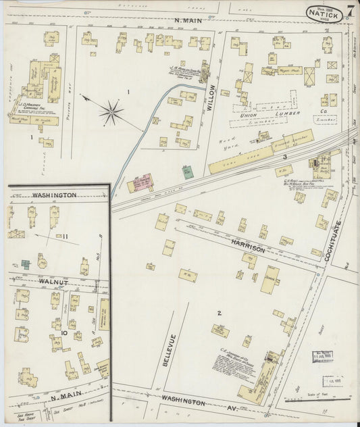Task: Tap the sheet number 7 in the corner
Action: tap(351, 10)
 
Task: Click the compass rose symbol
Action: tap(112, 111)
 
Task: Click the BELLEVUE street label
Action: tap(173, 351)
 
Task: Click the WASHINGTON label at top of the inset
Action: tap(54, 195)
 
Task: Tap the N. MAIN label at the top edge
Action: tap(188, 21)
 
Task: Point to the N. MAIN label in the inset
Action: tap(64, 399)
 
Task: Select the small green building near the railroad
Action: tap(186, 172)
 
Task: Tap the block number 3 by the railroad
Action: tap(285, 157)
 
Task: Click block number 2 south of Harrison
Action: tap(220, 313)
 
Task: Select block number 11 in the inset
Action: tap(65, 236)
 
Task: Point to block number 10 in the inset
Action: tap(63, 332)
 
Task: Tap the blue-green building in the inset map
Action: tap(25, 264)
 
